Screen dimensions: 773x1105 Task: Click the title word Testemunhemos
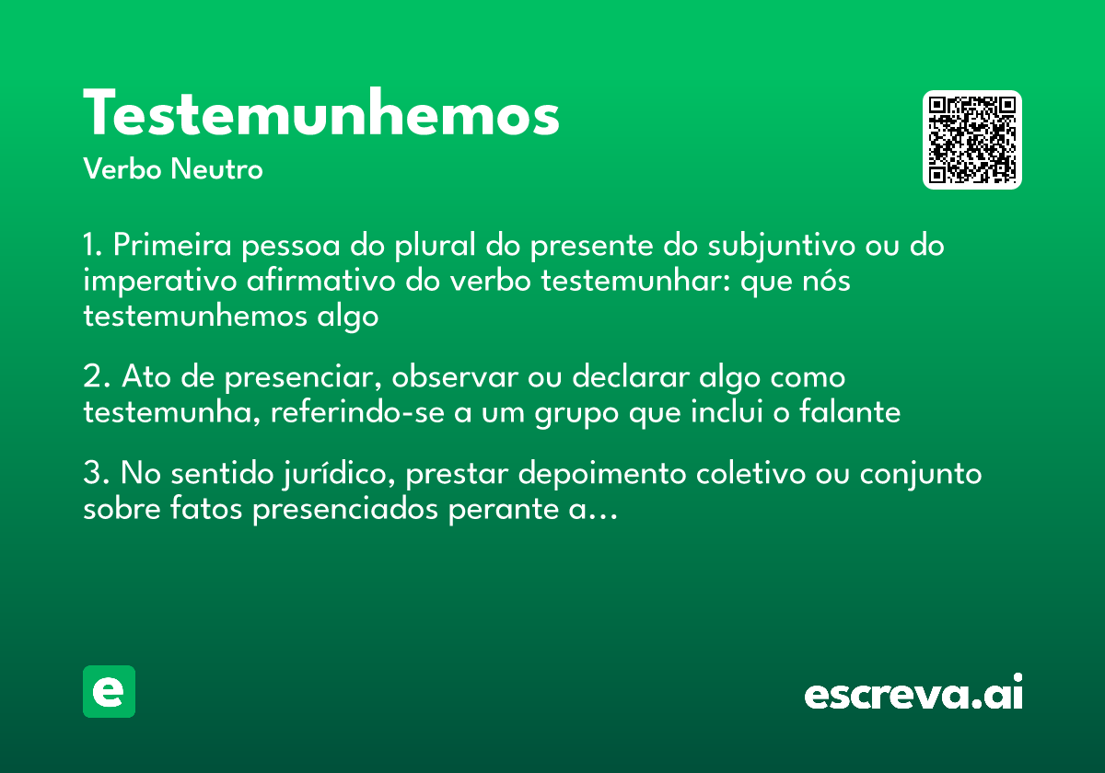(321, 115)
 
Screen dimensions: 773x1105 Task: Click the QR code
(972, 140)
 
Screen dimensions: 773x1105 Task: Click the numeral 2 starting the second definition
(91, 378)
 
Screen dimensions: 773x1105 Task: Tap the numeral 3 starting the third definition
(91, 475)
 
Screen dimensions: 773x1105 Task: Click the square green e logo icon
(109, 691)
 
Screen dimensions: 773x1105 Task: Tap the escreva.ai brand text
(913, 694)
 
